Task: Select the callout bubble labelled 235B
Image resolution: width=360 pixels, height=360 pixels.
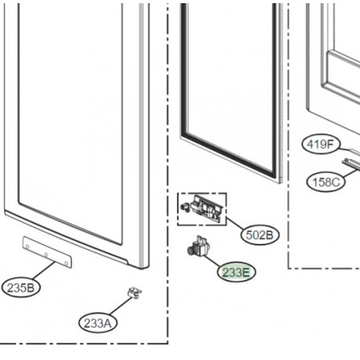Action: [21, 287]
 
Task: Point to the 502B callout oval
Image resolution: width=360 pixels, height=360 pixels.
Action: [260, 235]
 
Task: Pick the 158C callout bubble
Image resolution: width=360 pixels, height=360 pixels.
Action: [323, 182]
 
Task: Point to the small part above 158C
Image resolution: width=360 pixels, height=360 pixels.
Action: [351, 163]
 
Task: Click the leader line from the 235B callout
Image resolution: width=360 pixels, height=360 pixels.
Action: [45, 273]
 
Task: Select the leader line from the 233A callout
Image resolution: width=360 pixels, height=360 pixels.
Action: [120, 308]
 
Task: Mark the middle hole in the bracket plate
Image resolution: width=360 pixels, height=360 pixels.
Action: [46, 253]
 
